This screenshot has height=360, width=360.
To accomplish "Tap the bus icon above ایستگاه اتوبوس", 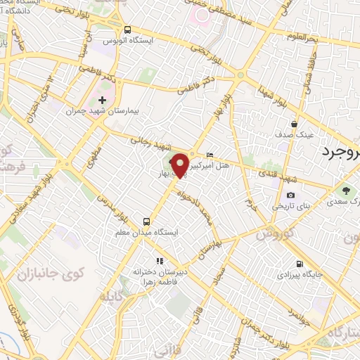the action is point(127,30).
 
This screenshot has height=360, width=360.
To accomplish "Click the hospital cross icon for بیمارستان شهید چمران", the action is point(103,100).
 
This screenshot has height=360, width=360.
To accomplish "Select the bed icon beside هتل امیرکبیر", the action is point(210,155).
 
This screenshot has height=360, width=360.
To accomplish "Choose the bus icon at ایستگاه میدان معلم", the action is point(147,219).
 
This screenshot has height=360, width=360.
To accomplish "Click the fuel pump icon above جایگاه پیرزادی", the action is point(301,266).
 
